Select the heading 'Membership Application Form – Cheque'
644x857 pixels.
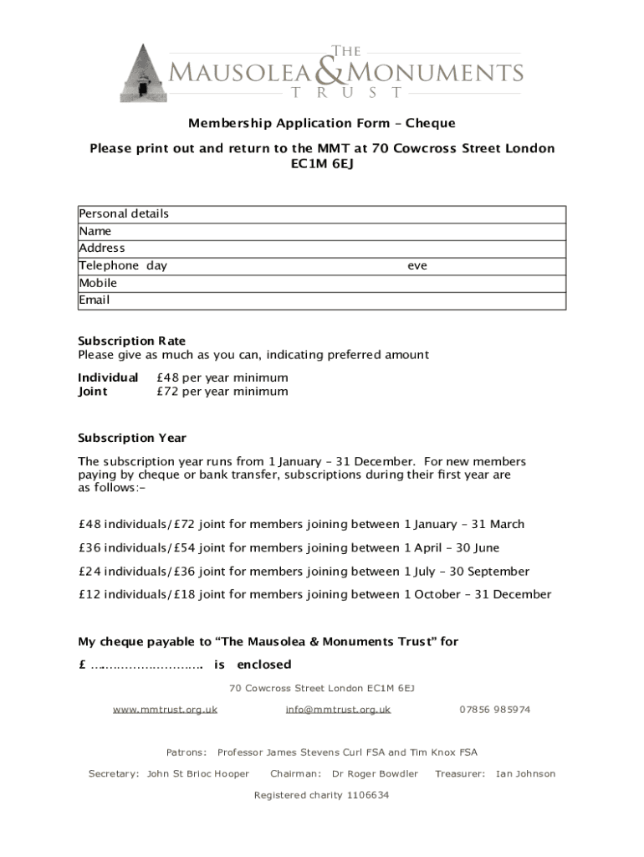coord(322,124)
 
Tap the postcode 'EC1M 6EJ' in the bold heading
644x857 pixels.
coord(322,165)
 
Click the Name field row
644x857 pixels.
coord(322,231)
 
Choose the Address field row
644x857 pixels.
coord(322,249)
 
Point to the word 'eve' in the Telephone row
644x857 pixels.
coord(417,266)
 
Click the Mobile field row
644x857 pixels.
coord(322,283)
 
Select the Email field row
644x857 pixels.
coord(322,300)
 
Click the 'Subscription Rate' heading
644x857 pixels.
coord(132,341)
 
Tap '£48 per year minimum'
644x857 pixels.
coord(222,378)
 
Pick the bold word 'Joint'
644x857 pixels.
coord(93,392)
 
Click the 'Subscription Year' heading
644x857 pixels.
coord(132,439)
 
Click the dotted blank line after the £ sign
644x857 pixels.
coord(147,666)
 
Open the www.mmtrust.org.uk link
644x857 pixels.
coord(166,710)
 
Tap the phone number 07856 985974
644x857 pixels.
coord(494,710)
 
